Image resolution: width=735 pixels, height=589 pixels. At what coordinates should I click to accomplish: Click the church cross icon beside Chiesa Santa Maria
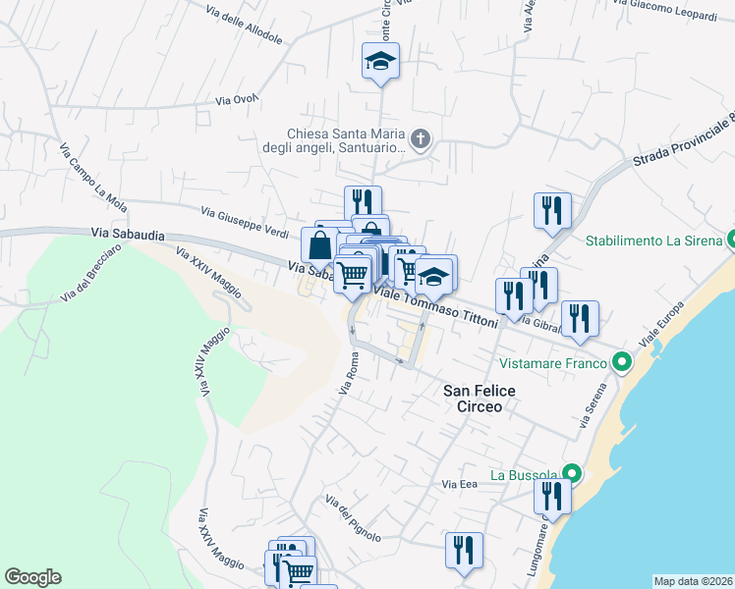coord(421,138)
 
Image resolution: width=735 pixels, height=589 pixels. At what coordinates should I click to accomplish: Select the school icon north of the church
coord(380,62)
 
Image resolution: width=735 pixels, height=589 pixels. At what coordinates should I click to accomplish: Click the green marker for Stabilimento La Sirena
coord(731,240)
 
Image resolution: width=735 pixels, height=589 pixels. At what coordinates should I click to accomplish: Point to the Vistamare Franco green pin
coord(621,363)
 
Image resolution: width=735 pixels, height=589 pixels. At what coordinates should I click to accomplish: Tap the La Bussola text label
coord(525,475)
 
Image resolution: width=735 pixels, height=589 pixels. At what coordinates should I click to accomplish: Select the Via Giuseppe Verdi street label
coord(245,220)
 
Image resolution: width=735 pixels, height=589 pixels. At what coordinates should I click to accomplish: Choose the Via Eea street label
coord(459,484)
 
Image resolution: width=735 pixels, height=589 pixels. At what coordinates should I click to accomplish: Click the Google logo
coord(32,577)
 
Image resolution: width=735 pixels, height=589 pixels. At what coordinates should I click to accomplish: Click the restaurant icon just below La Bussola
coord(553,499)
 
